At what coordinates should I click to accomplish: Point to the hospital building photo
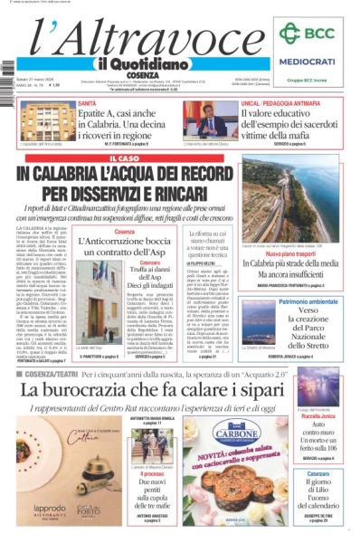coord(46,121)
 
